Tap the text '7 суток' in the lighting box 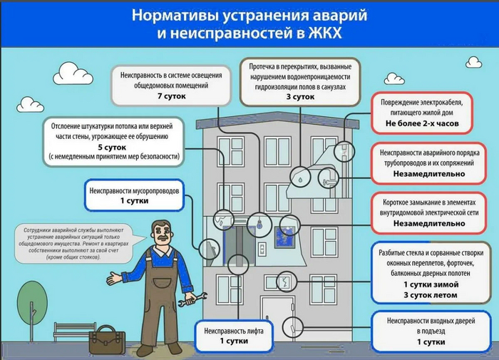[x=171, y=95]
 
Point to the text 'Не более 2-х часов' [x=422, y=123]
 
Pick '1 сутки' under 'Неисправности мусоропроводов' [x=137, y=202]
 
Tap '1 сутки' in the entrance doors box [x=430, y=342]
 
